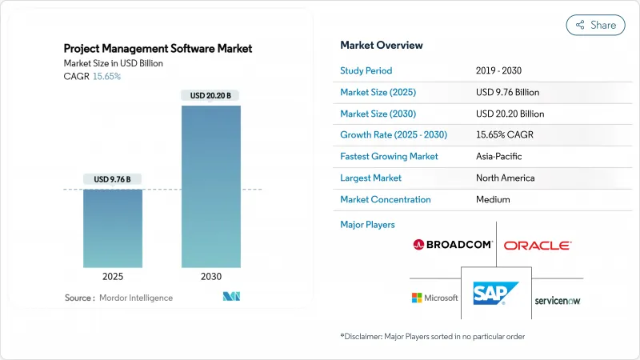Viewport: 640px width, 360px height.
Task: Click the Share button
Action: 595,25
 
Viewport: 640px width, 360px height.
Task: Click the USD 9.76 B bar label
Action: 113,178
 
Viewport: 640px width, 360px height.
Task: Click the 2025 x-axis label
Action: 113,276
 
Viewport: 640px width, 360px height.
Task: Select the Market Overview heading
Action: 382,46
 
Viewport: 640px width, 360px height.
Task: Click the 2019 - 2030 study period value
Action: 502,70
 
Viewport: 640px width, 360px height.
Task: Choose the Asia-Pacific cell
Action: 499,156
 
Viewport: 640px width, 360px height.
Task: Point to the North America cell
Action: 505,178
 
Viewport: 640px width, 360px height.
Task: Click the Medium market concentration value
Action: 493,199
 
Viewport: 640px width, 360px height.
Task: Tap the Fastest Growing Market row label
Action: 389,156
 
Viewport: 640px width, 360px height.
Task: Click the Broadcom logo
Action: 453,244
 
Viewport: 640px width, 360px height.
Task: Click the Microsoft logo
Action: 435,298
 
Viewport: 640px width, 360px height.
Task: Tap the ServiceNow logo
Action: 558,300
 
